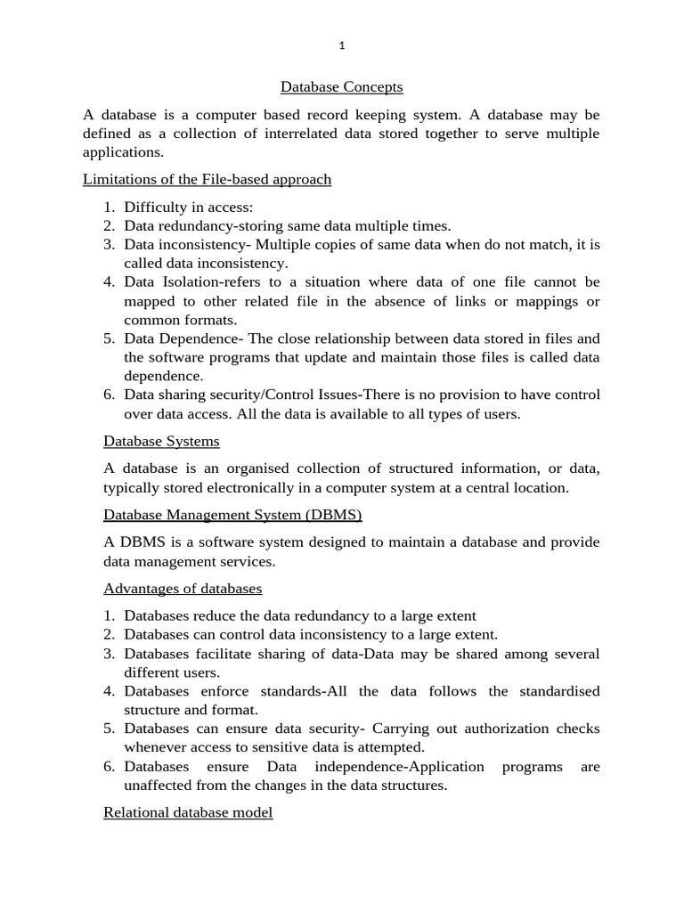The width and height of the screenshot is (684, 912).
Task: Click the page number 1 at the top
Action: (x=342, y=45)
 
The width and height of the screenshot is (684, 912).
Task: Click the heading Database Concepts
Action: (x=342, y=87)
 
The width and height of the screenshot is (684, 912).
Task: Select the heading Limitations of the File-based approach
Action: (x=207, y=180)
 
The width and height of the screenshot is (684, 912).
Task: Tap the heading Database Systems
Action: (x=161, y=441)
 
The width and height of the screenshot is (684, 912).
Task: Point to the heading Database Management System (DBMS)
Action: (x=232, y=515)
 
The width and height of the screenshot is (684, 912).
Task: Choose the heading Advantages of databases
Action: (x=183, y=589)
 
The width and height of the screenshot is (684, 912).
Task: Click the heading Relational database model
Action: (x=188, y=813)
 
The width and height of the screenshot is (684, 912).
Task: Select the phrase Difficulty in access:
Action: (x=189, y=208)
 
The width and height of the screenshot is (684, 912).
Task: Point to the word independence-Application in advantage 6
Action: (x=399, y=767)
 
